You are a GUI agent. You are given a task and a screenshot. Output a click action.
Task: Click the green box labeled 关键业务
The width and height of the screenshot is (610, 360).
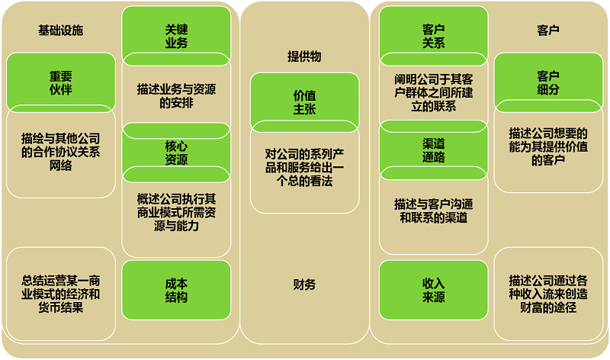click(x=176, y=36)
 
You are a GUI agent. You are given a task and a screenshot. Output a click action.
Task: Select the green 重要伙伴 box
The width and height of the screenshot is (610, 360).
click(x=60, y=82)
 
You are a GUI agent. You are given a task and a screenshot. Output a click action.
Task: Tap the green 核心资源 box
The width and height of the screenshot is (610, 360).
click(x=176, y=153)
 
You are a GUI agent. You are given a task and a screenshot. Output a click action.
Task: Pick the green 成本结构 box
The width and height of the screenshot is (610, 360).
click(x=176, y=290)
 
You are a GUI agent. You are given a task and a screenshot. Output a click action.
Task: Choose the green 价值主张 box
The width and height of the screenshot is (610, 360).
click(x=304, y=101)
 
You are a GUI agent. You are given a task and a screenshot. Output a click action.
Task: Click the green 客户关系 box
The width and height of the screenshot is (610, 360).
click(x=433, y=36)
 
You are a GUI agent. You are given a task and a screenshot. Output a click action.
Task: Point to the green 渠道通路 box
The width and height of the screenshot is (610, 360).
click(x=433, y=150)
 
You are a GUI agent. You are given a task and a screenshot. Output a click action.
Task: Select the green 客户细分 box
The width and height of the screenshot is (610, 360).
click(x=547, y=82)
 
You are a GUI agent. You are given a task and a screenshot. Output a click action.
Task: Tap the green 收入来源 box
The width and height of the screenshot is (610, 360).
click(x=433, y=290)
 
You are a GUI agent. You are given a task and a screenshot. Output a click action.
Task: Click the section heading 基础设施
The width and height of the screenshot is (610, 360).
click(x=60, y=31)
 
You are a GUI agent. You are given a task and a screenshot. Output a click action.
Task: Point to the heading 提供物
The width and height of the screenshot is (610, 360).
click(x=304, y=56)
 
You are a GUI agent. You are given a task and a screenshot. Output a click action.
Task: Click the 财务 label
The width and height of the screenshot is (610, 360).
click(x=304, y=284)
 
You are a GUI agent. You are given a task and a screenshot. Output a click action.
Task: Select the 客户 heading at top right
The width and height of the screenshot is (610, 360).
click(x=547, y=31)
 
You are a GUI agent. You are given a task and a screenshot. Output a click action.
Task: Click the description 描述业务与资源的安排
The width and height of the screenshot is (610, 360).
click(x=176, y=95)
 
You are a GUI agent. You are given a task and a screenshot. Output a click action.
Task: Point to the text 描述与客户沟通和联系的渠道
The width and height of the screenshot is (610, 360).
click(x=433, y=211)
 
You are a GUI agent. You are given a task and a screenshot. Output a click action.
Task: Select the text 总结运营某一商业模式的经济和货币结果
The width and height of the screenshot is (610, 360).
click(x=60, y=294)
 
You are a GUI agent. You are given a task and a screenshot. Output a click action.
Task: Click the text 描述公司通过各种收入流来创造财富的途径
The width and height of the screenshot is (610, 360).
click(x=547, y=294)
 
